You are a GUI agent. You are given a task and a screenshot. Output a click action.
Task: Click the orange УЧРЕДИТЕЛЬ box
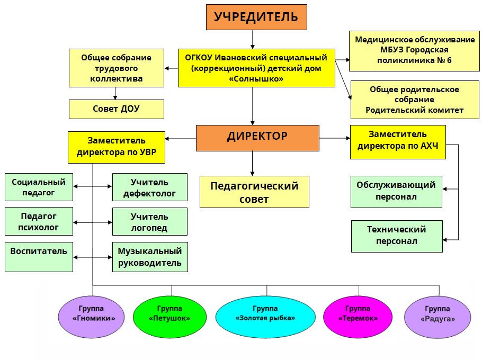point(256,17)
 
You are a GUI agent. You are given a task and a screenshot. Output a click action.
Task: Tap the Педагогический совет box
point(254,192)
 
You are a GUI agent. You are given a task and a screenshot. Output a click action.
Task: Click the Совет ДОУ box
point(117,109)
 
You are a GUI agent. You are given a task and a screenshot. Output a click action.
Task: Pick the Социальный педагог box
point(38,187)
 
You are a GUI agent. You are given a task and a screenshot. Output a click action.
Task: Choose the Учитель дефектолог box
point(149,187)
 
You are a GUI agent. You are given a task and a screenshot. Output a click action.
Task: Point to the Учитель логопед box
point(149,222)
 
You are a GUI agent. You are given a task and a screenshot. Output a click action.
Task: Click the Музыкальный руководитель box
point(150,257)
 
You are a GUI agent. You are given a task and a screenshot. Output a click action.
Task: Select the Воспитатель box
point(38,257)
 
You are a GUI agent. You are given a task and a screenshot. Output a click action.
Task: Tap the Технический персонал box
point(396,236)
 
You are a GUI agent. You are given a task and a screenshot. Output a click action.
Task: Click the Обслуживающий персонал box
point(396,191)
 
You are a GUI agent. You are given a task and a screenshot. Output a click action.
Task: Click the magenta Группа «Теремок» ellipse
point(358,317)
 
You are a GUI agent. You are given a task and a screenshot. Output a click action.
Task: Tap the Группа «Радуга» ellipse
point(437,317)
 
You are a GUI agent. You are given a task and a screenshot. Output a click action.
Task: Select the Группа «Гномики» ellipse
point(94,317)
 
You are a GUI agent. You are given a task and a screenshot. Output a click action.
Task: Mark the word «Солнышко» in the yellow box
point(256,79)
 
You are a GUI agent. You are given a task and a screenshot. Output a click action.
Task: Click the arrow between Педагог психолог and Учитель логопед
point(93,221)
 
